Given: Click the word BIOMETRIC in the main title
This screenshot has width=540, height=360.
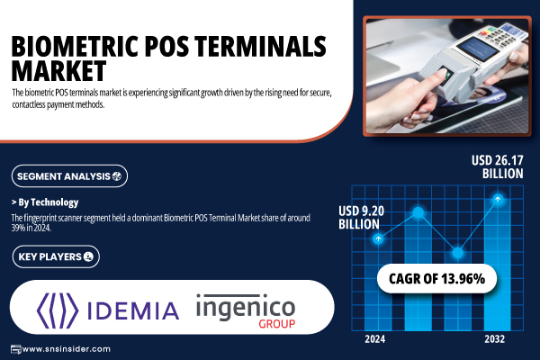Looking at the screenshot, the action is pos(76,46).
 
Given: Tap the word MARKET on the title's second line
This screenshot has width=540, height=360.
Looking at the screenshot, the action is pos(58,70).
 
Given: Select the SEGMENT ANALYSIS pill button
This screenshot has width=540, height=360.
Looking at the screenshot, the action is pos(69,176).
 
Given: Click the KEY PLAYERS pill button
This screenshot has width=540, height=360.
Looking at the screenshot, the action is pos(56,256).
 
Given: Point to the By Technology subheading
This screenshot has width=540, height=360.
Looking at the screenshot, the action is pos(45,202).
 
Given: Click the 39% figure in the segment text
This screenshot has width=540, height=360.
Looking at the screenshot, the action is pos(17,228).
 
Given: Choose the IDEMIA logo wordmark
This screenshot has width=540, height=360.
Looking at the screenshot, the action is pos(133,310).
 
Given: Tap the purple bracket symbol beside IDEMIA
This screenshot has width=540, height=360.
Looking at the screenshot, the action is pos(58,310).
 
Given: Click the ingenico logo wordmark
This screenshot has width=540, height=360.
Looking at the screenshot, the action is pos(246,308).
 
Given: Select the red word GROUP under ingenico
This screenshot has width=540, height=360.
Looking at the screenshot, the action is pos(277,324).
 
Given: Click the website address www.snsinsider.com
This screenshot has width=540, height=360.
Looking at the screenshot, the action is pos(66,349).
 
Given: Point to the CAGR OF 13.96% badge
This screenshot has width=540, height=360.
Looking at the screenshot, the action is pos(437,279).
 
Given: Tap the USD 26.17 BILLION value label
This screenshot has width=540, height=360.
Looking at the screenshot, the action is pos(498,166).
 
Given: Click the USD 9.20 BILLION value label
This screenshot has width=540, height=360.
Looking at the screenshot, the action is pos(361,218).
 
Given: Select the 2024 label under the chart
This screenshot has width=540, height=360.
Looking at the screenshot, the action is pos(375,339).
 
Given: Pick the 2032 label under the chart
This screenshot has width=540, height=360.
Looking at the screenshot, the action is pos(494,339).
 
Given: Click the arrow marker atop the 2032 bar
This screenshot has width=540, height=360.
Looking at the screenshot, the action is pos(498,199).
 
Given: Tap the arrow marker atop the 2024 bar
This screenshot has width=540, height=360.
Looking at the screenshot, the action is pos(378,238).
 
